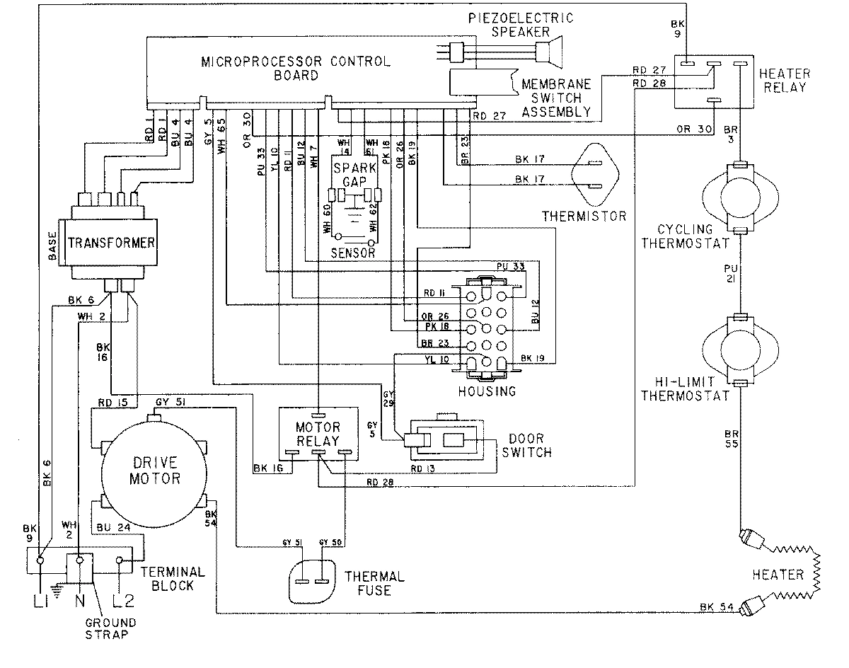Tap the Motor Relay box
pyautogui.click(x=318, y=435)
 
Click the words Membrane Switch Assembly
pyautogui.click(x=555, y=98)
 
